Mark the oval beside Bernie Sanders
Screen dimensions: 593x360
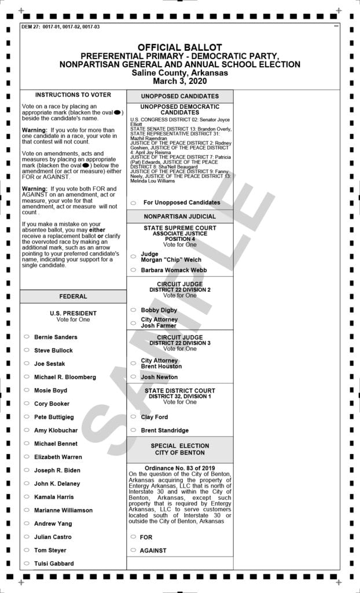point(27,336)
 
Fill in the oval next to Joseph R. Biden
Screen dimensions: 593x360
point(27,470)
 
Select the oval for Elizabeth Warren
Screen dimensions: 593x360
point(27,456)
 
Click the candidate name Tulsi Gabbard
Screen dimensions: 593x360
point(54,563)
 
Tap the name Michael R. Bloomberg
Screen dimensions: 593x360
point(65,377)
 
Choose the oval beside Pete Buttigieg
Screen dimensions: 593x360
point(27,416)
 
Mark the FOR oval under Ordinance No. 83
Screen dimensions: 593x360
point(133,537)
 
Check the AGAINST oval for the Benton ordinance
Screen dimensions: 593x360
point(133,550)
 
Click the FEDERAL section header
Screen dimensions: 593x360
point(73,296)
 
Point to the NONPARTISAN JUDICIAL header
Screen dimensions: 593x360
point(180,216)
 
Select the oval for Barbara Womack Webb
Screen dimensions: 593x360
point(133,270)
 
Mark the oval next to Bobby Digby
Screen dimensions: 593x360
point(133,310)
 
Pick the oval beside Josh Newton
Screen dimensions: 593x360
point(133,376)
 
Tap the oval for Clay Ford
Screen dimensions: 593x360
point(133,416)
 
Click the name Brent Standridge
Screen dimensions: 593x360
point(165,430)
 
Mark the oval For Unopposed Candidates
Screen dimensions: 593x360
point(133,203)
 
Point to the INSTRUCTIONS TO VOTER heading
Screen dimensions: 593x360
point(73,94)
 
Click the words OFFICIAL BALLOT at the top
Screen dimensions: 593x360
point(179,47)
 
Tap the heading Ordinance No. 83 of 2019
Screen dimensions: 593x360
point(179,467)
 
